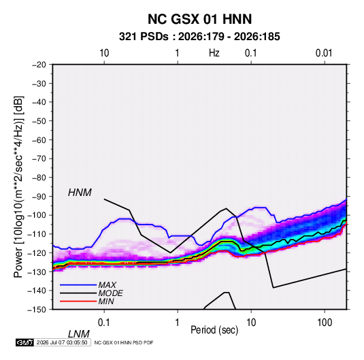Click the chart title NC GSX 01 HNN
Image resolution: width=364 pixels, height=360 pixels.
click(x=199, y=19)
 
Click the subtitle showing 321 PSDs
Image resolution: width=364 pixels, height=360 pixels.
click(x=199, y=37)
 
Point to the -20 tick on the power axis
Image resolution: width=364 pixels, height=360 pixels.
click(x=39, y=65)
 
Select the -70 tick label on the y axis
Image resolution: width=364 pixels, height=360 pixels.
click(x=39, y=159)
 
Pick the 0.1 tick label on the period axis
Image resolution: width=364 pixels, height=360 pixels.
click(x=103, y=323)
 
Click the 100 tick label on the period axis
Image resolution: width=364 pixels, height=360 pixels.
click(x=325, y=323)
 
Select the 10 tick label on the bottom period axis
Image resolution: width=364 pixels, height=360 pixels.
click(x=250, y=323)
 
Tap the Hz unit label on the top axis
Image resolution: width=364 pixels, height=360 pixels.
click(x=214, y=53)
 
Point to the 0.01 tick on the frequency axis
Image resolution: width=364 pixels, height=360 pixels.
click(x=324, y=53)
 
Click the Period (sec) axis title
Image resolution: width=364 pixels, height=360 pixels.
click(x=214, y=330)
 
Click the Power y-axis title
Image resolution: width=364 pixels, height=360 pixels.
click(x=18, y=187)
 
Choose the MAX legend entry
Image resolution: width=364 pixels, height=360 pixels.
click(x=107, y=285)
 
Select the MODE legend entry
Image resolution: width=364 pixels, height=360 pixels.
click(x=110, y=293)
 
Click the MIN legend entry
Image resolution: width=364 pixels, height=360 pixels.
click(x=106, y=301)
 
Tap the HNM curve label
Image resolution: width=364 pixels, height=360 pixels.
click(x=80, y=193)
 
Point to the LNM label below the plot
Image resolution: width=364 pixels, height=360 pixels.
click(x=79, y=334)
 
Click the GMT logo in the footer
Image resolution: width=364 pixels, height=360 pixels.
click(x=24, y=342)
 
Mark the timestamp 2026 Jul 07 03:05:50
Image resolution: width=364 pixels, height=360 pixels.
click(x=62, y=342)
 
